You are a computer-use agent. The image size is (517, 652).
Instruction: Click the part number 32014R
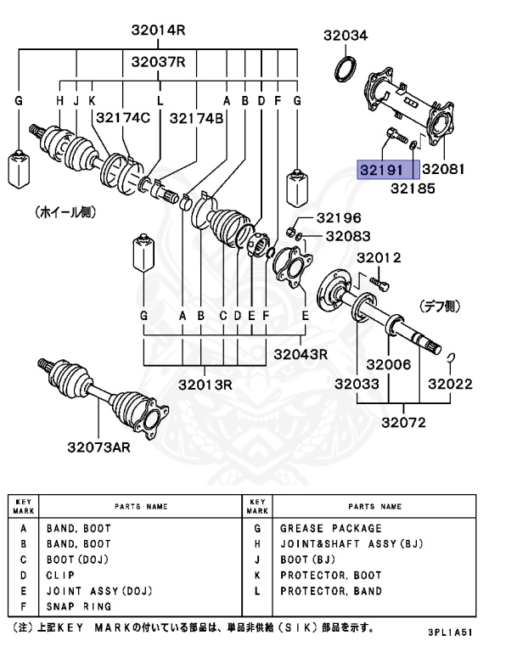pos(158,31)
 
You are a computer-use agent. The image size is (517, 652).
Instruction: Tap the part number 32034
pos(346,36)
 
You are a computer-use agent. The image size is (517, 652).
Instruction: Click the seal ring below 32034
pos(346,69)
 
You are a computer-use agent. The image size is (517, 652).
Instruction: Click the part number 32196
pos(339,218)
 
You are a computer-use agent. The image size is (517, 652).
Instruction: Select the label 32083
pos(348,236)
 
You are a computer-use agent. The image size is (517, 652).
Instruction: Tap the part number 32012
pos(379,257)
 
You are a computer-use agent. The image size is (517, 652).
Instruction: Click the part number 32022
pos(449,385)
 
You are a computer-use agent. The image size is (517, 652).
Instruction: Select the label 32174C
pos(122,118)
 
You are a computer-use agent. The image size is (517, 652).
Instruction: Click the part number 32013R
pos(205,385)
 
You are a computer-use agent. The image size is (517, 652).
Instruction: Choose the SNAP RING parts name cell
pos(79,607)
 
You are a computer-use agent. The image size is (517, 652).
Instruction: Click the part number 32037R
pos(158,62)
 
